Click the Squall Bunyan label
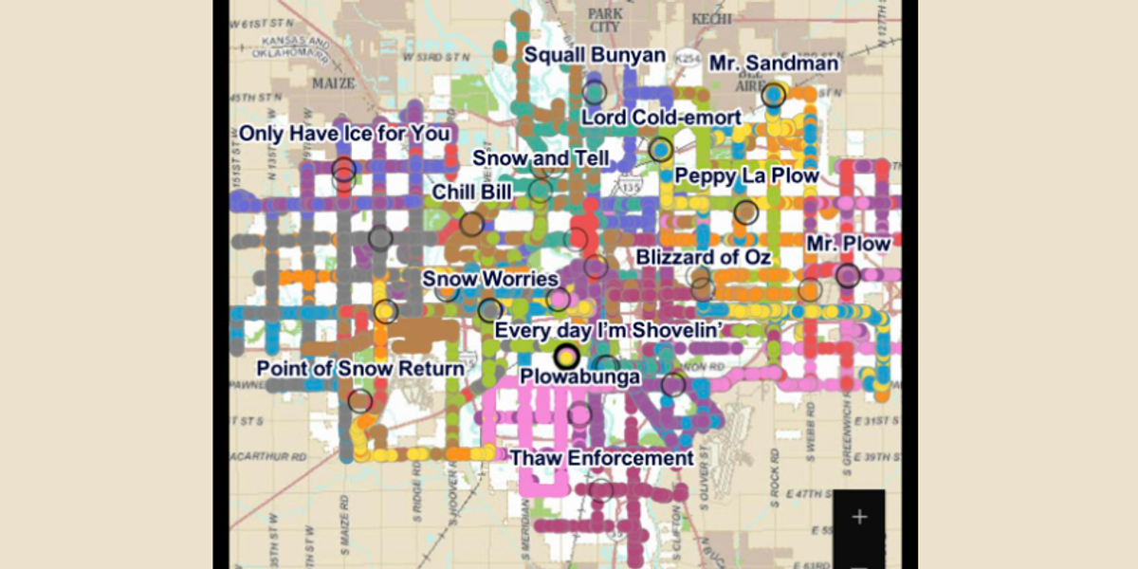595,56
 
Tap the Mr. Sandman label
774,64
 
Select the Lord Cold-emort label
661,118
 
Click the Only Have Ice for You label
344,134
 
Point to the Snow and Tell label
541,158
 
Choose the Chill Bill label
471,193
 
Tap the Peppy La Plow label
746,176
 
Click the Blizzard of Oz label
703,257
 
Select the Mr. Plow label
848,245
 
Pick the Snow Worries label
489,279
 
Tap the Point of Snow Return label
360,369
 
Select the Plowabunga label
579,377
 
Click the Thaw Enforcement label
602,459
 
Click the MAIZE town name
333,83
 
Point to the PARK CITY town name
605,20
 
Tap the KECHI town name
711,19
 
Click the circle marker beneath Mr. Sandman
774,95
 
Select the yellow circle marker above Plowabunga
567,356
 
